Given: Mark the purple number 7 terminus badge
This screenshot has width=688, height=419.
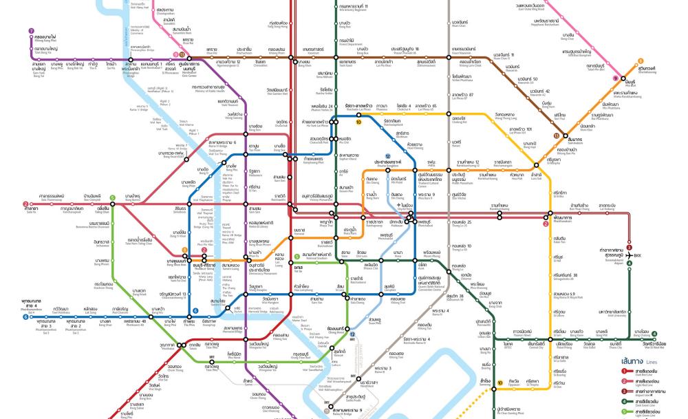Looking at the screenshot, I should [31, 31].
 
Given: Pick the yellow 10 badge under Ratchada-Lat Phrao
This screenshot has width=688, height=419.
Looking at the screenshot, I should [358, 121].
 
